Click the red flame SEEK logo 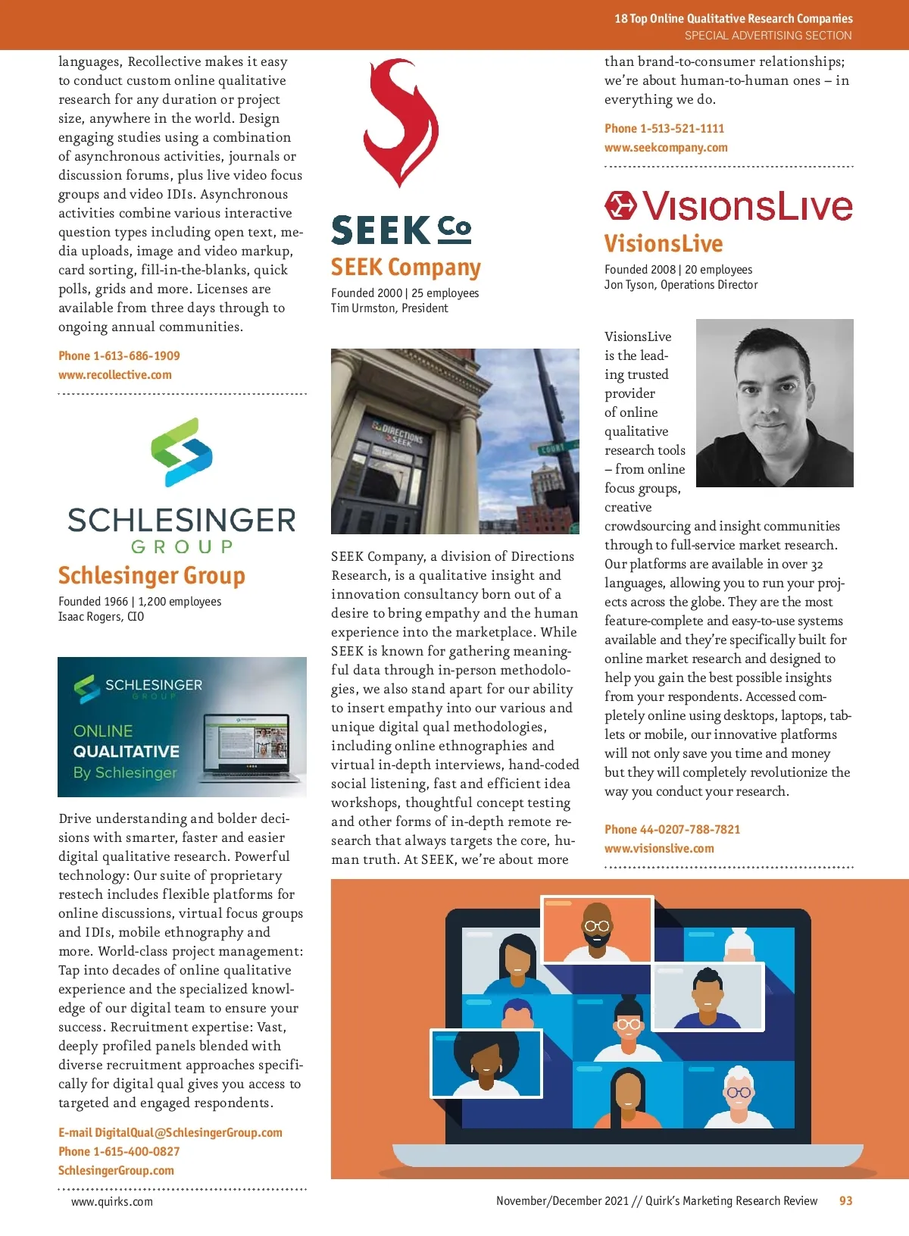pyautogui.click(x=401, y=123)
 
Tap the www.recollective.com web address pyautogui.click(x=115, y=375)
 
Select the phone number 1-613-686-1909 pyautogui.click(x=136, y=356)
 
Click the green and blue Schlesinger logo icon pyautogui.click(x=182, y=452)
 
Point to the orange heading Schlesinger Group pyautogui.click(x=151, y=576)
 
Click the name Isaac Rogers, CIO pyautogui.click(x=101, y=617)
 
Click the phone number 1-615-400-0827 pyautogui.click(x=136, y=1152)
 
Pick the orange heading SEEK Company pyautogui.click(x=406, y=268)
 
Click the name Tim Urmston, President pyautogui.click(x=389, y=308)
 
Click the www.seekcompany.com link pyautogui.click(x=666, y=148)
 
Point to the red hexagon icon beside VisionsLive pyautogui.click(x=620, y=205)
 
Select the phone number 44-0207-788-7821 pyautogui.click(x=689, y=830)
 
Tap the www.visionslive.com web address pyautogui.click(x=659, y=849)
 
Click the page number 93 pyautogui.click(x=845, y=1201)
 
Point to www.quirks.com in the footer pyautogui.click(x=112, y=1202)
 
